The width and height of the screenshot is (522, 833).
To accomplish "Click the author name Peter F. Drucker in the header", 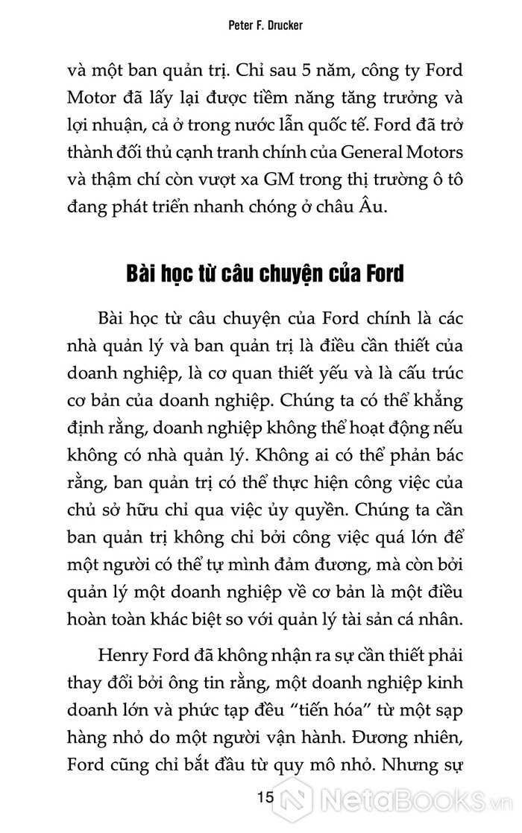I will coord(260,25).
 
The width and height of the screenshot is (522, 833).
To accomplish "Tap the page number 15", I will coord(265,799).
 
